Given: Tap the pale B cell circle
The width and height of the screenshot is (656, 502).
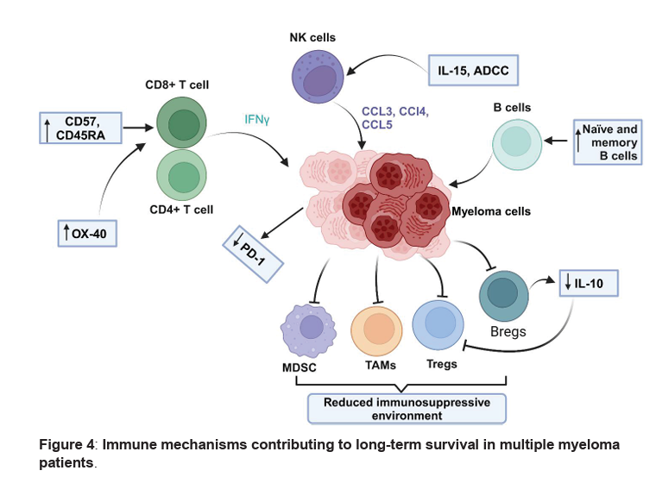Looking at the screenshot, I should tap(517, 145).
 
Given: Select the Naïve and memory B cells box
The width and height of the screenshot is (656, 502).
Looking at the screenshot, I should tap(607, 142).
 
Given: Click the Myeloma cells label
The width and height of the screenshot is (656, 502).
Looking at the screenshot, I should tap(492, 210).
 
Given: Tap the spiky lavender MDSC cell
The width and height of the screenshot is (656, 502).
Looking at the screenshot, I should tap(310, 329).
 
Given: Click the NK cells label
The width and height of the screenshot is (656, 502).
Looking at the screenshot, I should tap(314, 37).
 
